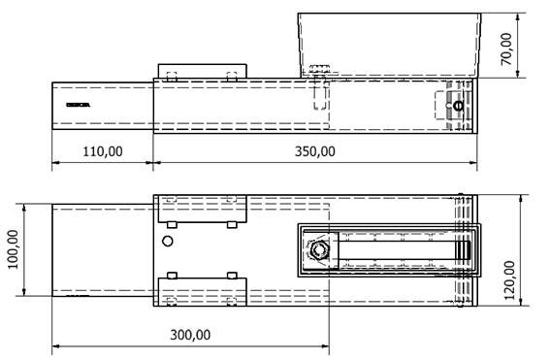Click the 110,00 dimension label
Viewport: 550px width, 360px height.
coord(102,151)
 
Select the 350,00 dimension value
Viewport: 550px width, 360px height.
coord(315,151)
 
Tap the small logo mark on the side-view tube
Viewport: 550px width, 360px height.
coord(77,104)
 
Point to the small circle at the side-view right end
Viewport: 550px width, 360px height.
coord(459,106)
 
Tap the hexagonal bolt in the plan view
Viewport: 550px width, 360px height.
coord(318,252)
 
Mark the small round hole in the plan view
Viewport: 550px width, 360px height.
coord(168,241)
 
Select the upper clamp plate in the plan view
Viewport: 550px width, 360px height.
coord(201,210)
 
